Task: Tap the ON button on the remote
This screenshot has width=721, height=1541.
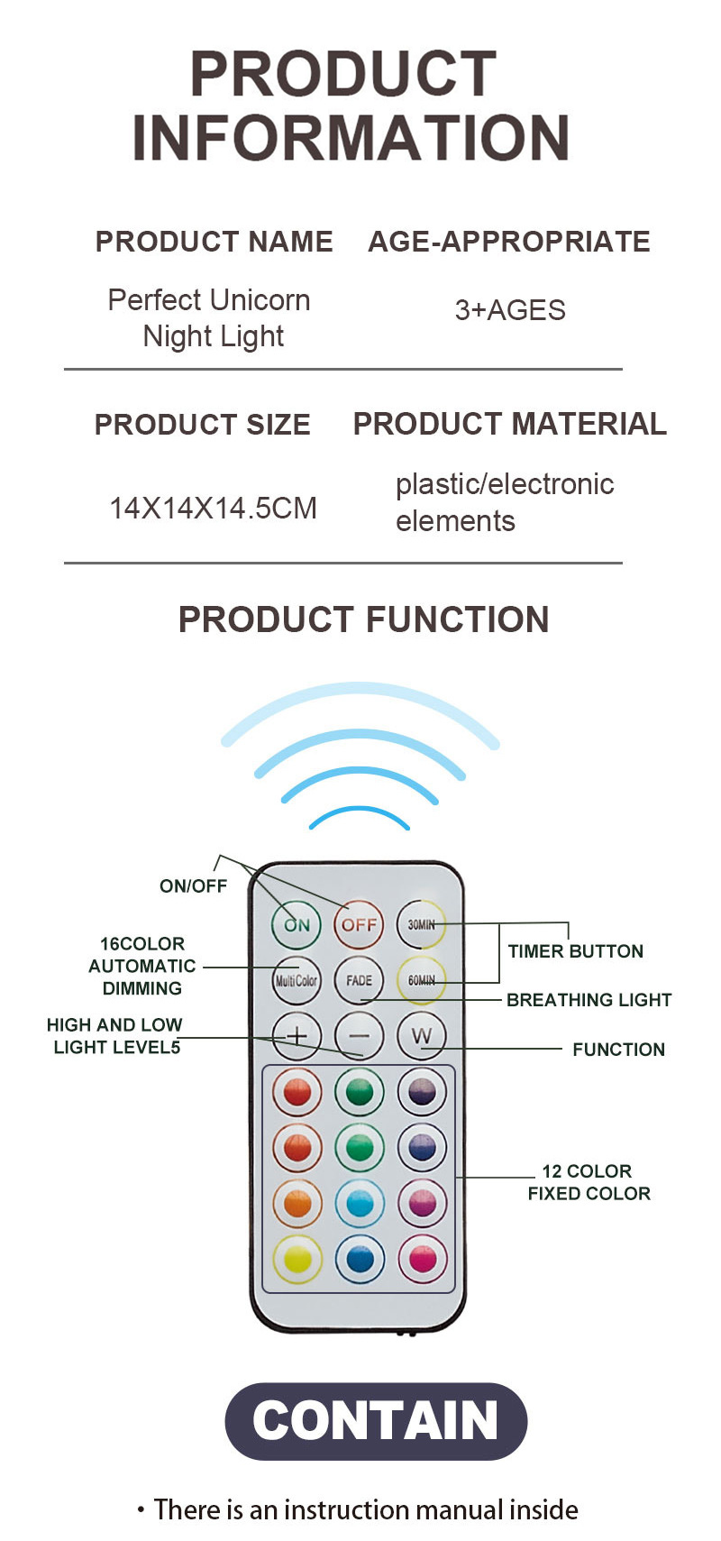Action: [x=297, y=924]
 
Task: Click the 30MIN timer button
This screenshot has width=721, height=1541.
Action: [x=421, y=924]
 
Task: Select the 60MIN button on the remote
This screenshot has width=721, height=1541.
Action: [x=421, y=980]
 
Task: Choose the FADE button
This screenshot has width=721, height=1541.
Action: [x=359, y=980]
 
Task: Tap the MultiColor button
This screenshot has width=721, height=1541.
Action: [x=297, y=980]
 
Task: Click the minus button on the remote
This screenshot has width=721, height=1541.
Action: [x=359, y=1036]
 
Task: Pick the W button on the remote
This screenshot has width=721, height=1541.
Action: [x=421, y=1036]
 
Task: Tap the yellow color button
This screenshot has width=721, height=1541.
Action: [x=297, y=1259]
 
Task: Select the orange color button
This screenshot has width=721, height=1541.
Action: [x=297, y=1203]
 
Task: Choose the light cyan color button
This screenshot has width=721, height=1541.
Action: [x=359, y=1203]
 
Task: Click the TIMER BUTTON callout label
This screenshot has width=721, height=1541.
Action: [x=575, y=951]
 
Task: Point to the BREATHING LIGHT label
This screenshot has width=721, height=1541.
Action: [x=589, y=1000]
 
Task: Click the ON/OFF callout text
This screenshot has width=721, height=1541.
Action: [x=193, y=886]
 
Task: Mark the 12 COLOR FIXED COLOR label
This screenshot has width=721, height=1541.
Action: [x=589, y=1182]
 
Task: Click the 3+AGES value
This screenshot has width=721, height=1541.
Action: [x=510, y=310]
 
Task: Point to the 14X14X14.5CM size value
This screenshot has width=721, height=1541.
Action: [x=213, y=509]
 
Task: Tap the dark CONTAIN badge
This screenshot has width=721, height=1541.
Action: [x=376, y=1421]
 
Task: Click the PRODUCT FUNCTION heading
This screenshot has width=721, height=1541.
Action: [x=363, y=619]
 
